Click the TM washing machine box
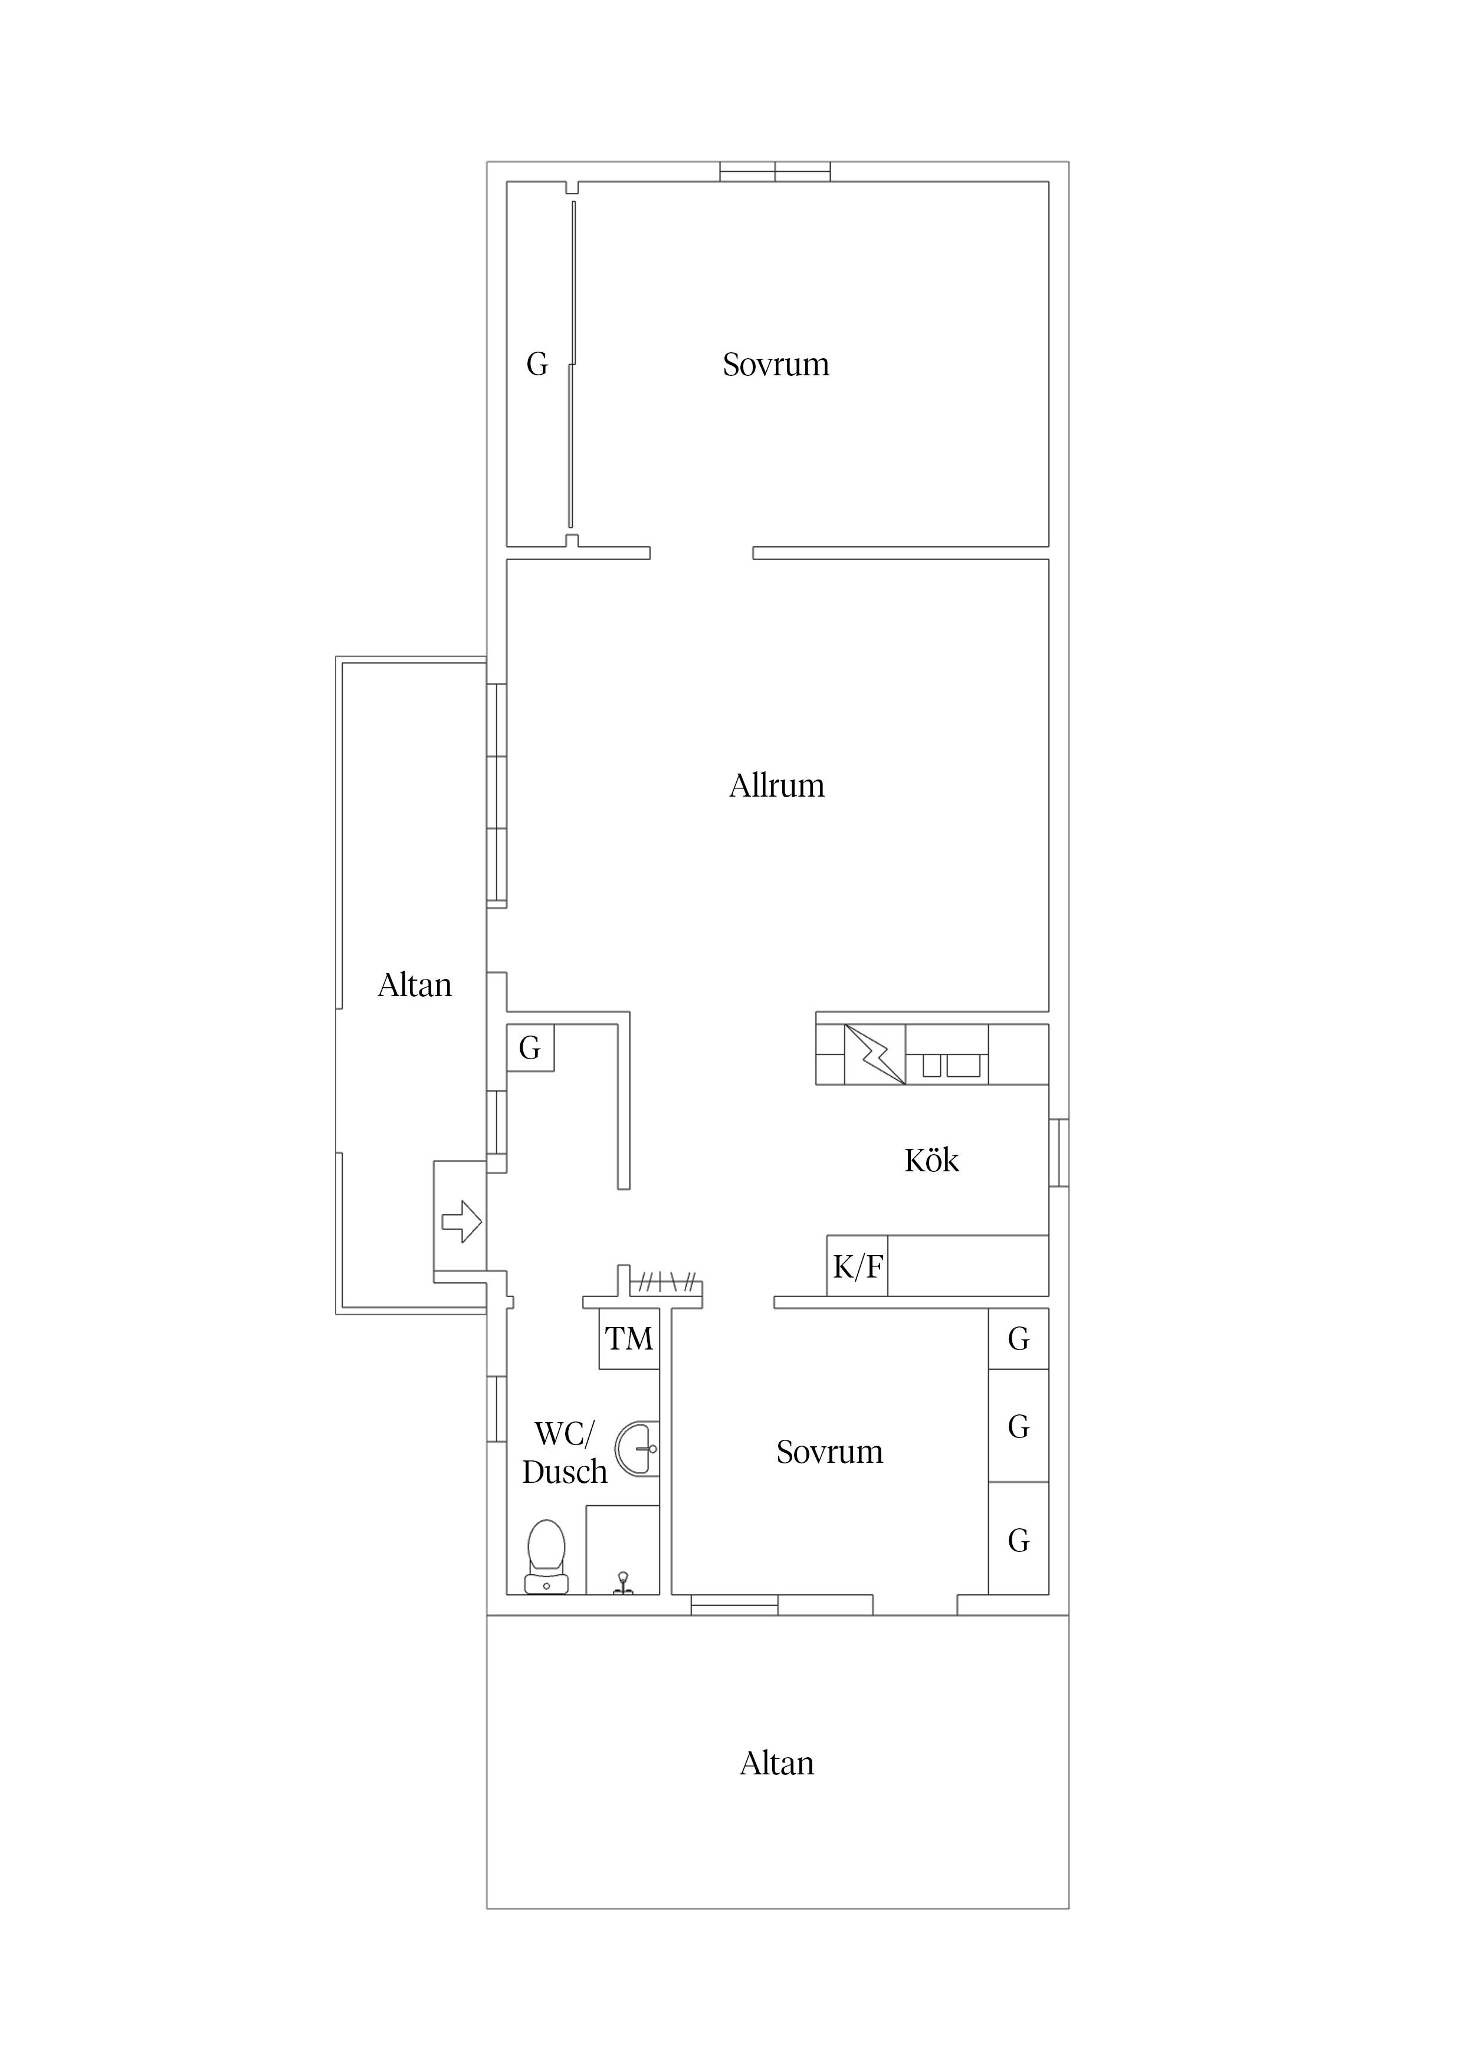pyautogui.click(x=629, y=1339)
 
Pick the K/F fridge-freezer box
pyautogui.click(x=857, y=1266)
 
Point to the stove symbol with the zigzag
pyautogui.click(x=874, y=1054)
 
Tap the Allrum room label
pyautogui.click(x=777, y=785)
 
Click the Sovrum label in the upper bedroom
pyautogui.click(x=776, y=364)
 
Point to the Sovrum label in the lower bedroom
pyautogui.click(x=829, y=1452)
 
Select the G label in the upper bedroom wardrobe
pyautogui.click(x=537, y=364)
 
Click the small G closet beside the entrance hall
pyautogui.click(x=530, y=1047)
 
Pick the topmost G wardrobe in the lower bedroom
pyautogui.click(x=1019, y=1339)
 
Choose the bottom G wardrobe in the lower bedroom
pyautogui.click(x=1019, y=1541)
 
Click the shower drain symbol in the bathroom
pyautogui.click(x=623, y=1582)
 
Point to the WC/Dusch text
pyautogui.click(x=565, y=1452)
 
